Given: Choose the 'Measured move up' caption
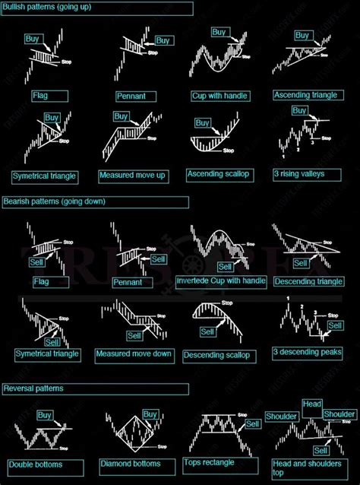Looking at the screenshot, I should [x=131, y=175].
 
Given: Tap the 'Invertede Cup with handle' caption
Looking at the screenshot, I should [x=221, y=281].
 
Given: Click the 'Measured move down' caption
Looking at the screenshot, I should [x=134, y=354].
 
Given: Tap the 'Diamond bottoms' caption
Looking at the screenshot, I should [x=130, y=464].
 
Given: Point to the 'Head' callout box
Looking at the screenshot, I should [x=311, y=404].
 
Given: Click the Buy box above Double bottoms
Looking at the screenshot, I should [x=45, y=415].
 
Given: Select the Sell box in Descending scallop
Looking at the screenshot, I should [x=207, y=332].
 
